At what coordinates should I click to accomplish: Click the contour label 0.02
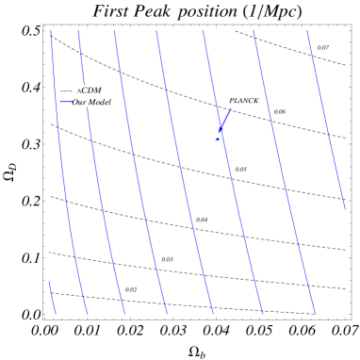point(131,289)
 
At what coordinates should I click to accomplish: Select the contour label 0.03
point(167,259)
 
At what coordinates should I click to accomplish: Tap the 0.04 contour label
point(202,220)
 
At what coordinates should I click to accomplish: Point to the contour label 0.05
point(240,170)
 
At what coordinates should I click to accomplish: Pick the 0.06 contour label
point(280,111)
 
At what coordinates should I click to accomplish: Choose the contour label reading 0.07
point(323,47)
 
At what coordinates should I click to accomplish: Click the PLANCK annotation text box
point(244,100)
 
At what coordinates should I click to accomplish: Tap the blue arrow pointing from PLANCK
point(225,122)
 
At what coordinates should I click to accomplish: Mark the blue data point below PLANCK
point(218,139)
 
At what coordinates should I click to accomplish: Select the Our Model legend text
point(91,102)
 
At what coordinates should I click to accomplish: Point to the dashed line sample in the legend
point(66,90)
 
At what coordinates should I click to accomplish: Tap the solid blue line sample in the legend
point(66,102)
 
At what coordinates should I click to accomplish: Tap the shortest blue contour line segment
point(52,297)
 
